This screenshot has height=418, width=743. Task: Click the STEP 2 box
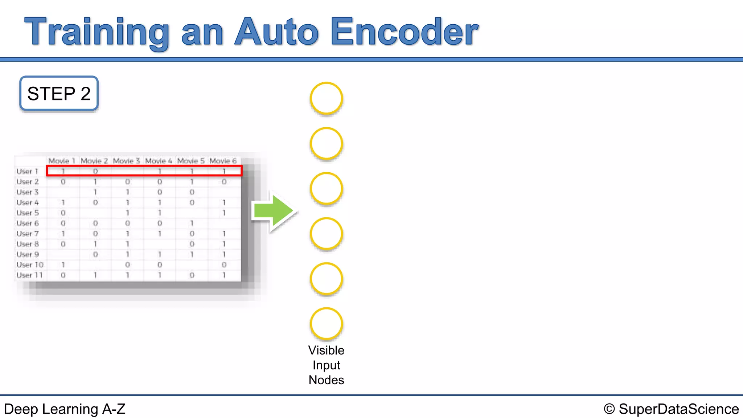pos(59,94)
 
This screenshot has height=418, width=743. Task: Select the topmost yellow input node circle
pos(326,98)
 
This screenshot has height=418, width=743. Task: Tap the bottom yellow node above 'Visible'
pos(326,324)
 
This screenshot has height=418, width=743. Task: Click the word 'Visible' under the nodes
pos(326,350)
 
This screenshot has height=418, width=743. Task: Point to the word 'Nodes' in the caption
pos(326,380)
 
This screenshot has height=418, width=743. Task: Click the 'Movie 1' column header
pos(62,161)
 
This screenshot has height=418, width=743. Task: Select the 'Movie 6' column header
pos(223,161)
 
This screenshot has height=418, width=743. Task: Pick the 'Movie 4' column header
pos(159,161)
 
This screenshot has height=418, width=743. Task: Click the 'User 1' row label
pos(27,171)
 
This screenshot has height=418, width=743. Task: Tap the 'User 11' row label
pos(29,275)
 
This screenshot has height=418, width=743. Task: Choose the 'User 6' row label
pos(28,223)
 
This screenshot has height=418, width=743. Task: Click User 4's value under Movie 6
pos(224,202)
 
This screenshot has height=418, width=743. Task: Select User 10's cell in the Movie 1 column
pos(63,265)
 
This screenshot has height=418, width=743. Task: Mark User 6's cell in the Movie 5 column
pos(192,223)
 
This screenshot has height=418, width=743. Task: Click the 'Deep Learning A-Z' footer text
pos(65,409)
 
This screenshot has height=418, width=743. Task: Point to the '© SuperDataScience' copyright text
pos(671,409)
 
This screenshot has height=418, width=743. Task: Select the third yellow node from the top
pos(326,189)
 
